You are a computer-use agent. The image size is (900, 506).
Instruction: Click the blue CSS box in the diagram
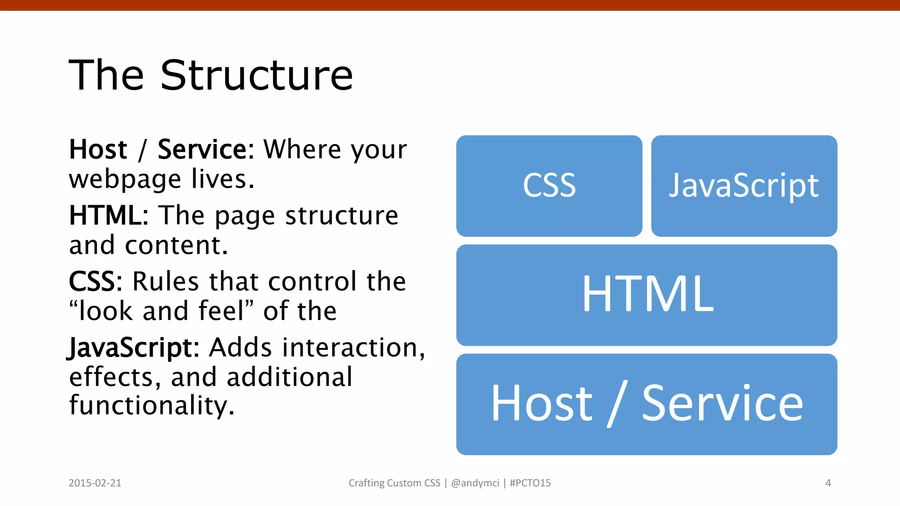(x=549, y=186)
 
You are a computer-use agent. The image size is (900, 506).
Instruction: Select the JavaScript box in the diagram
(x=744, y=186)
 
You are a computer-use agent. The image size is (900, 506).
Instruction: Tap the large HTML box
(x=646, y=295)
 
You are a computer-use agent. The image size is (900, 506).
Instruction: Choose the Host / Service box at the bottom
(x=646, y=404)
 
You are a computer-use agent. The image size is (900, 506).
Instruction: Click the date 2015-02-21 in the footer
(x=95, y=483)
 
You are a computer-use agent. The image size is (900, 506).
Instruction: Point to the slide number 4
(x=828, y=483)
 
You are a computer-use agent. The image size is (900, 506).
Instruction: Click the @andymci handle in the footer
(x=475, y=483)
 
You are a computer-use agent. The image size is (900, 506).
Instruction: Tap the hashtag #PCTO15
(x=530, y=483)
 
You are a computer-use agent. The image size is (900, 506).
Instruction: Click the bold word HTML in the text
(x=105, y=216)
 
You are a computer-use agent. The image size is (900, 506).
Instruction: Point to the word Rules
(x=165, y=282)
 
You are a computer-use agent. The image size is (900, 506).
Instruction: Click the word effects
(x=112, y=377)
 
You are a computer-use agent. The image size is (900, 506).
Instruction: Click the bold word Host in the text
(x=98, y=150)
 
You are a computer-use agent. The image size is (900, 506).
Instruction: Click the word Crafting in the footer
(x=366, y=483)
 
